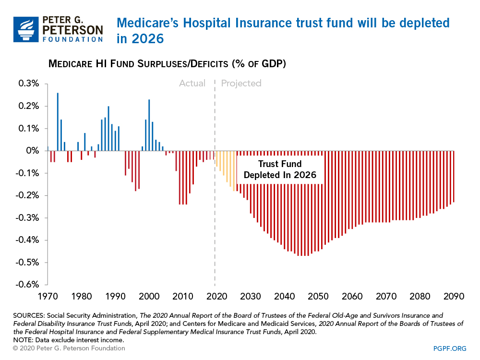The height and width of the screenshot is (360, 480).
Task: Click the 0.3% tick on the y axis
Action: point(29,84)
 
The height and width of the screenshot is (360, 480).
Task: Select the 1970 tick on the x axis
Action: point(48,296)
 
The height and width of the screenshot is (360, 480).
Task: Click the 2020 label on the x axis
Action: point(215,296)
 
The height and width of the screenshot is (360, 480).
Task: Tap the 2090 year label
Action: point(453,296)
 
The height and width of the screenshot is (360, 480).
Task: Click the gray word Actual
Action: point(192,84)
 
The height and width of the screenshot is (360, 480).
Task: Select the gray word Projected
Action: point(241,84)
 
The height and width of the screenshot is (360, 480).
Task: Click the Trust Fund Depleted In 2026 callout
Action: point(279,169)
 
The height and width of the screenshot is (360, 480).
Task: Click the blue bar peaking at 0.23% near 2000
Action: point(149,125)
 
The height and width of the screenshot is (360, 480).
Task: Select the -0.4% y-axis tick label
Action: point(29,240)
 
